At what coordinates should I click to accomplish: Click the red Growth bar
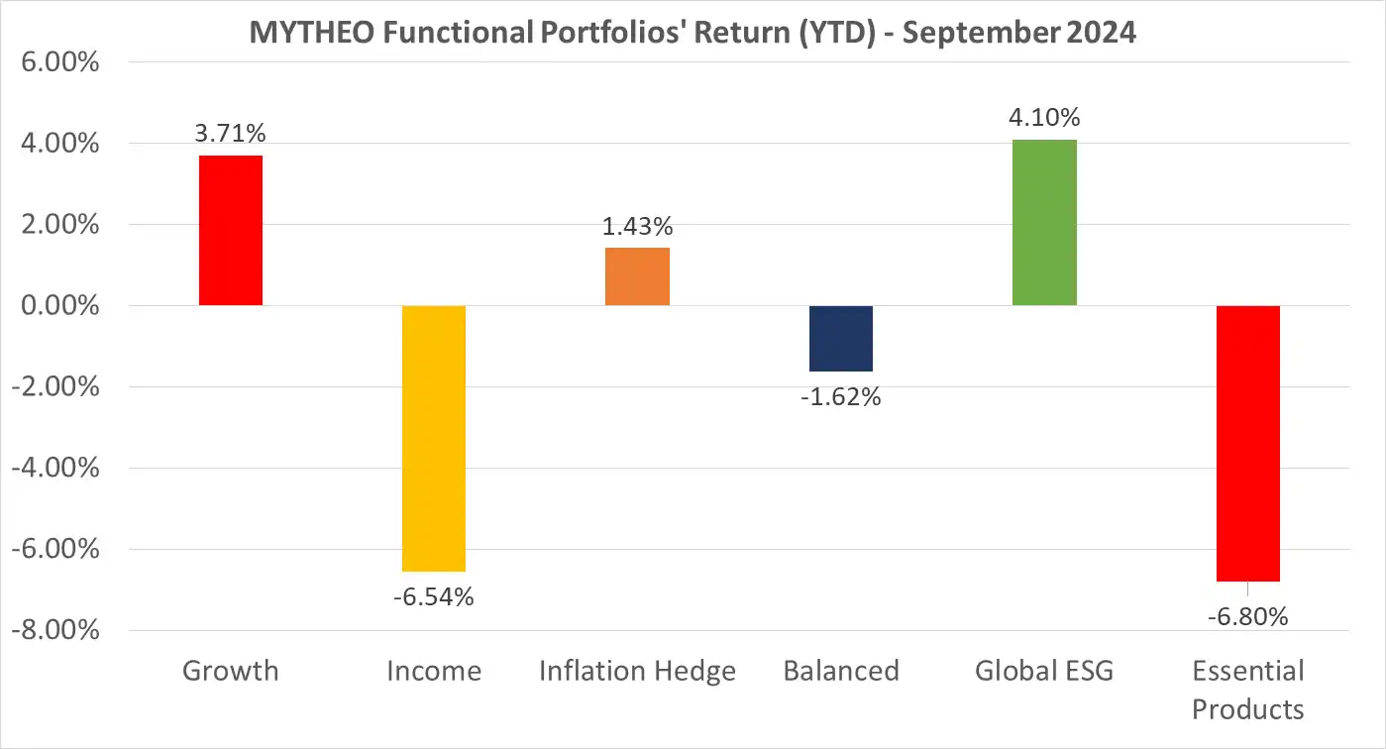231,230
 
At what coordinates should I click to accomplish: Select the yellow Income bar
434,438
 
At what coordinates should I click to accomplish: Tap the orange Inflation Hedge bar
637,276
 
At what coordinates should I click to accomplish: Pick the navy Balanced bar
841,338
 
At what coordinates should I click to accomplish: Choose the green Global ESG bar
1044,222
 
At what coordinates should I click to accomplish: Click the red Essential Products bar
1247,443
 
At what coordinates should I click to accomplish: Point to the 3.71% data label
231,134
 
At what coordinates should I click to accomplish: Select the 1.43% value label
637,226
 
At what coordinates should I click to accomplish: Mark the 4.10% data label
1044,118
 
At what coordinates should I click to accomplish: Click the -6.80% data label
1247,616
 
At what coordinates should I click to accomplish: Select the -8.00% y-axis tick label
55,630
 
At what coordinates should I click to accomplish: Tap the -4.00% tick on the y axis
55,468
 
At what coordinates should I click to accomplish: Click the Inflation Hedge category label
637,671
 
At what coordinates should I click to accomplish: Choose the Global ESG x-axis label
1044,671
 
